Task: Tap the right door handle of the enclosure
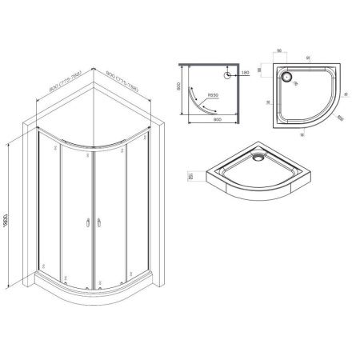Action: [97, 226]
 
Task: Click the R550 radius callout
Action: [212, 97]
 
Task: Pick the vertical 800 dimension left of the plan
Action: [181, 91]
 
